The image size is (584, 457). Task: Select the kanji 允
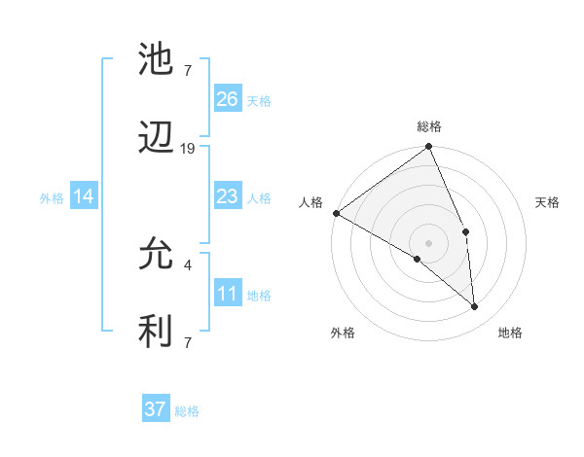tap(157, 255)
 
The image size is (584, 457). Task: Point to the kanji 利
tap(157, 332)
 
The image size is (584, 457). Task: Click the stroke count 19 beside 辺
tap(188, 149)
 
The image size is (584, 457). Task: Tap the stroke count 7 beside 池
tap(187, 70)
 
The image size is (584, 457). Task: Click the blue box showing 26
tap(228, 99)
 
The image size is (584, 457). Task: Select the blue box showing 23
tap(228, 196)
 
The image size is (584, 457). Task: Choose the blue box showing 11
tap(228, 294)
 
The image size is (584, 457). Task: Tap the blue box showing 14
tap(84, 197)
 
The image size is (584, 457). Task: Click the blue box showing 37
tap(156, 409)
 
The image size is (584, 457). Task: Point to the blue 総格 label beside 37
tap(187, 411)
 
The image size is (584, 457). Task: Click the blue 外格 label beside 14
tap(52, 198)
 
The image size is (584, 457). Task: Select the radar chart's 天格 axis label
tap(548, 202)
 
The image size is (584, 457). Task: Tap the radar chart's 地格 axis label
tap(510, 334)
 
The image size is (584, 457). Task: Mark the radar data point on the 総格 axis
tap(428, 148)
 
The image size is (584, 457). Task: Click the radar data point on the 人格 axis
tap(336, 213)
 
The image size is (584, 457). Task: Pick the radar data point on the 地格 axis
tap(475, 306)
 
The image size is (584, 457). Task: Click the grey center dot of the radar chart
tap(428, 242)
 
